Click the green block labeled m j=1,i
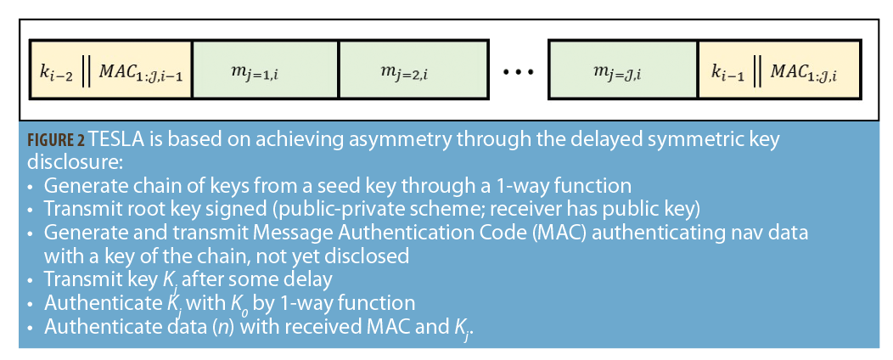pyautogui.click(x=265, y=69)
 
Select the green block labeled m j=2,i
pyautogui.click(x=413, y=69)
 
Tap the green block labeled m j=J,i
pyautogui.click(x=622, y=69)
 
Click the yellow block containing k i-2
pyautogui.click(x=110, y=69)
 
